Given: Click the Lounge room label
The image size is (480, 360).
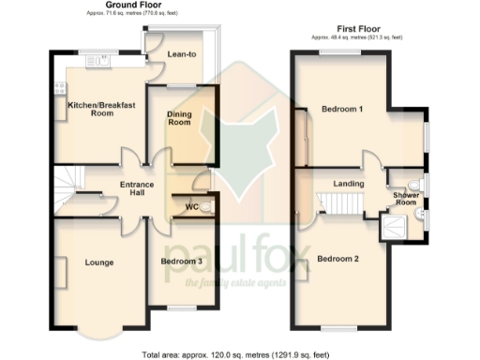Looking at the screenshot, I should point(98,262).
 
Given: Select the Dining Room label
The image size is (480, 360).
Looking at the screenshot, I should point(179,118).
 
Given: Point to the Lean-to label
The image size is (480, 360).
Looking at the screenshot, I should point(181,54).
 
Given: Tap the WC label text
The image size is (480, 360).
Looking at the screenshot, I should point(191,206).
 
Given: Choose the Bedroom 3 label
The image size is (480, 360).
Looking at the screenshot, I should point(182,262).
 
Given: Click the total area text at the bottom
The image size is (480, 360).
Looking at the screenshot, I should point(234,355).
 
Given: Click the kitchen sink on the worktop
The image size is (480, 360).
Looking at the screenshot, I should point(95,62).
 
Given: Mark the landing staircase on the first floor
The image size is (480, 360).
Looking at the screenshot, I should point(333,202).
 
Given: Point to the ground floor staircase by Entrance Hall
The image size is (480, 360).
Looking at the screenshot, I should point(68,190).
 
